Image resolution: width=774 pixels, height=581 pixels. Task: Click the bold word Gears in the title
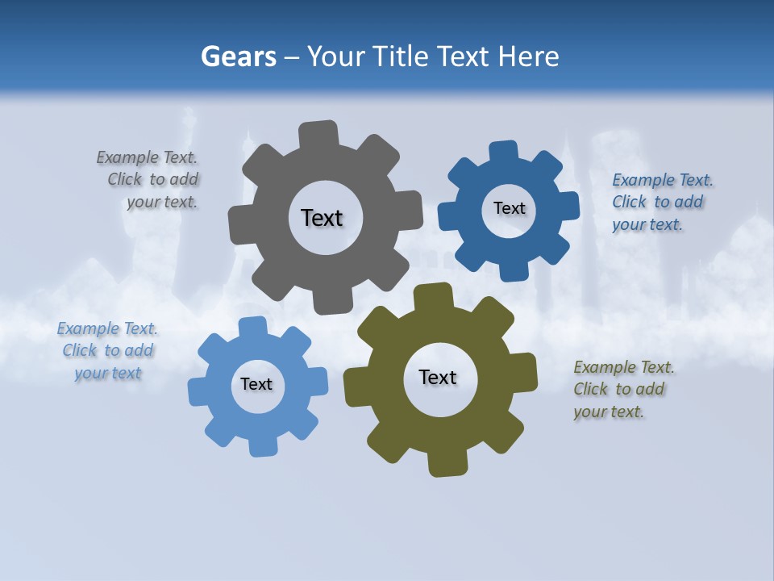[238, 56]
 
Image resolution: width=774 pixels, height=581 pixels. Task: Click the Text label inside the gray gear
[322, 218]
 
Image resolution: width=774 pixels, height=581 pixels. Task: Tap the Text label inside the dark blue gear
[509, 208]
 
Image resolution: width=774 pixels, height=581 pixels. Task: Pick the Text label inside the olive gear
[438, 377]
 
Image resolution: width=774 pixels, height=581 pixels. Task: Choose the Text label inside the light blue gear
[256, 384]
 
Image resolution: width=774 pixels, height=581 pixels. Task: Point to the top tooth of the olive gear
[435, 295]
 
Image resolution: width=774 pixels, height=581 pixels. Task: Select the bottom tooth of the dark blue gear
[514, 271]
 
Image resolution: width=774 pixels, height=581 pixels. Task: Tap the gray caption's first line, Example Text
[147, 157]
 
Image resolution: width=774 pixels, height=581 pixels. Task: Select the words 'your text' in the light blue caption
[108, 373]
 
